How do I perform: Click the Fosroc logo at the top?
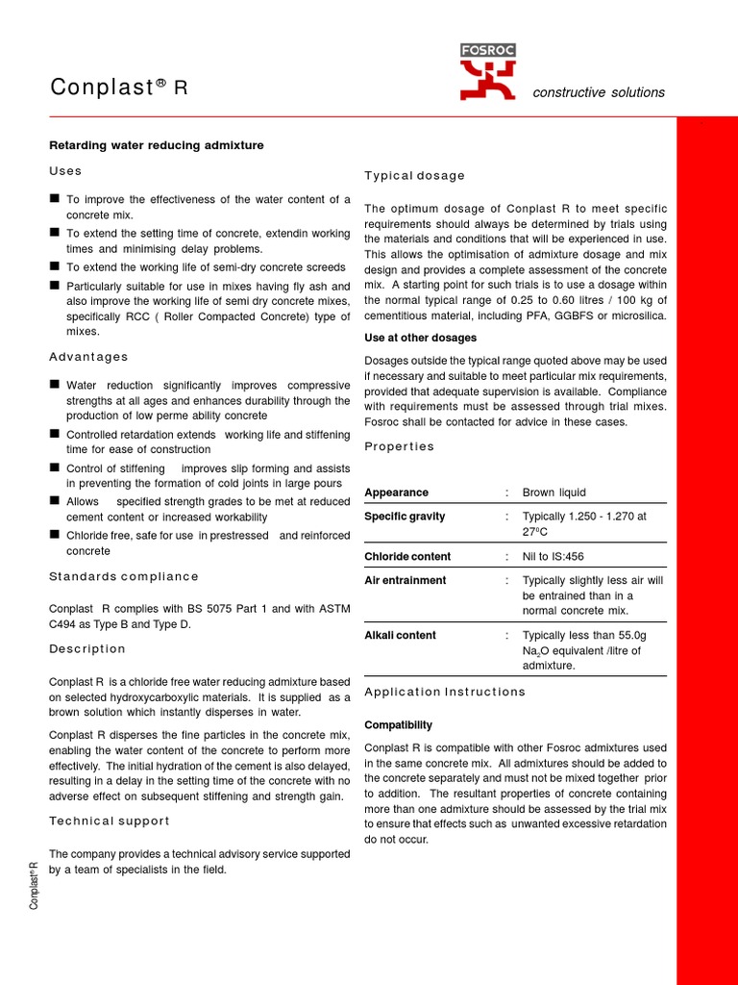(x=487, y=72)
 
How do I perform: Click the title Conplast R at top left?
(x=119, y=88)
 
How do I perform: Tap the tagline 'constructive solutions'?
(x=599, y=92)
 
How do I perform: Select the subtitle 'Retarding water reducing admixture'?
(x=156, y=145)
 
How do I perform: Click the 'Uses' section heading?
(x=65, y=171)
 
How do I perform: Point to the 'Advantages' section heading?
(x=88, y=357)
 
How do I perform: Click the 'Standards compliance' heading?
(x=124, y=577)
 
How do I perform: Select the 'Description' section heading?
(x=87, y=649)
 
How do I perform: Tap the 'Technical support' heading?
(x=110, y=821)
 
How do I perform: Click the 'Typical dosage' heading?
(x=414, y=176)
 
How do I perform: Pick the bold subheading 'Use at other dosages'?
(x=420, y=338)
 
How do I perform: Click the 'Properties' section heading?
(x=399, y=446)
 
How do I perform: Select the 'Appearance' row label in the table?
(x=396, y=492)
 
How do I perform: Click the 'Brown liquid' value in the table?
(x=553, y=492)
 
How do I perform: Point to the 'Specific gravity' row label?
(x=405, y=517)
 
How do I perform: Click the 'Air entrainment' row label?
(x=405, y=581)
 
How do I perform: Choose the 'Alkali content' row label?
(x=400, y=636)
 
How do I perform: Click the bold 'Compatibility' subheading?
(x=398, y=724)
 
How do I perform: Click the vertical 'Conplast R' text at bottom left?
(x=35, y=885)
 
